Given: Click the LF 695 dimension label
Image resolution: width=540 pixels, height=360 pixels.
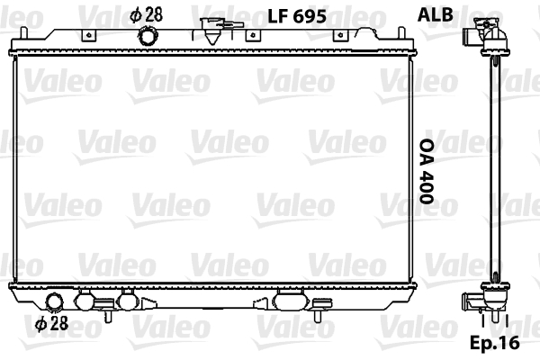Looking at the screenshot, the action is [297, 16].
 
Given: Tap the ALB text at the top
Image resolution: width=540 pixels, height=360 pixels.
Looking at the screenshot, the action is [435, 15].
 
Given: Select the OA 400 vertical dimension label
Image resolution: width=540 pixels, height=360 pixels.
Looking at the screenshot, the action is [427, 171].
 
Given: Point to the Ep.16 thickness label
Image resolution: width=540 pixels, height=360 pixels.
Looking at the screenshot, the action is [495, 342].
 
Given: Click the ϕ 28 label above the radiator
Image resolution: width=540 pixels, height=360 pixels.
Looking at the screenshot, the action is [147, 15].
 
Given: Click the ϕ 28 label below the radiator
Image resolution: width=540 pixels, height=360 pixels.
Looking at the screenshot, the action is [52, 323].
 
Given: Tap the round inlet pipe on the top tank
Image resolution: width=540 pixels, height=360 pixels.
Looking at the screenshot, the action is [148, 36].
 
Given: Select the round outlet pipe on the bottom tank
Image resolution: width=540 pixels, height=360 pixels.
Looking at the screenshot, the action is [55, 302].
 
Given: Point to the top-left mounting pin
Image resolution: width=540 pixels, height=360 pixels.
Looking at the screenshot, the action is [23, 33].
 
